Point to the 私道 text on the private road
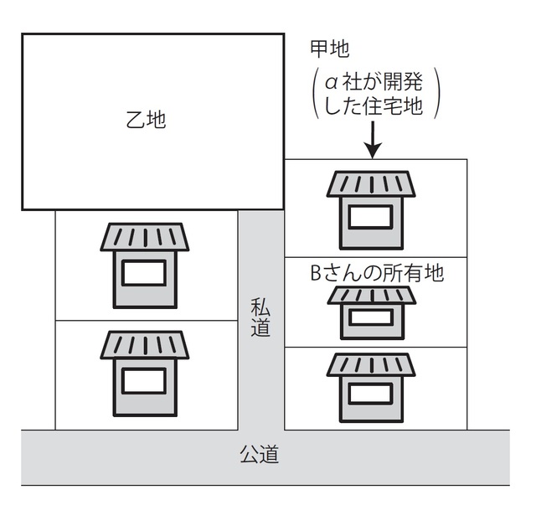pyautogui.click(x=260, y=317)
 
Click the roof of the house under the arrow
pyautogui.click(x=371, y=184)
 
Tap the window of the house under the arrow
pyautogui.click(x=371, y=217)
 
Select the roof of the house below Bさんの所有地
pyautogui.click(x=371, y=296)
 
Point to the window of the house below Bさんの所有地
pyautogui.click(x=371, y=318)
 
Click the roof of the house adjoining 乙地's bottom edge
pyautogui.click(x=145, y=237)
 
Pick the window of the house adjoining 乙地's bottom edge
pyautogui.click(x=145, y=273)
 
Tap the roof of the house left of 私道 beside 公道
pyautogui.click(x=145, y=344)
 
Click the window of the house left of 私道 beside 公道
pyautogui.click(x=145, y=381)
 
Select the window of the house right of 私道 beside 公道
pyautogui.click(x=371, y=392)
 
